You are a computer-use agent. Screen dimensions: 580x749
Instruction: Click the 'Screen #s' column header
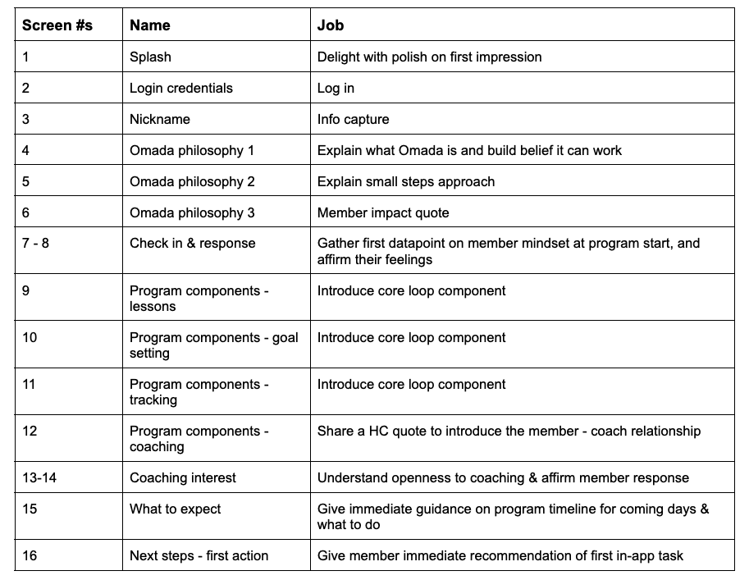pyautogui.click(x=57, y=25)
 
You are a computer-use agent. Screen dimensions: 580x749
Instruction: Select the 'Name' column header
pyautogui.click(x=150, y=25)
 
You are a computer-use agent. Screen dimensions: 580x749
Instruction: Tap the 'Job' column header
pyautogui.click(x=331, y=25)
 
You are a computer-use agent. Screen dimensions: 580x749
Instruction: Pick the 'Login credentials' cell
pyautogui.click(x=181, y=88)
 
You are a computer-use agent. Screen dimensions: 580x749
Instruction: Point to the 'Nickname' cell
pyautogui.click(x=160, y=119)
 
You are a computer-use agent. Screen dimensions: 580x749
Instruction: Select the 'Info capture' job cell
pyautogui.click(x=354, y=119)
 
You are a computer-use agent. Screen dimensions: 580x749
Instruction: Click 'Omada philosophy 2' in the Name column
pyautogui.click(x=192, y=181)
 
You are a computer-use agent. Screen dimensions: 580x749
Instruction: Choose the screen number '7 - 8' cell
pyautogui.click(x=35, y=244)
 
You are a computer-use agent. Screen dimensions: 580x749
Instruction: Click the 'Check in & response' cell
pyautogui.click(x=193, y=244)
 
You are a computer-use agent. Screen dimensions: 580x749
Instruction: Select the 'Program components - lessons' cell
pyautogui.click(x=199, y=298)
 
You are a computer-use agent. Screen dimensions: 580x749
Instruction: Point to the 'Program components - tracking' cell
pyautogui.click(x=199, y=391)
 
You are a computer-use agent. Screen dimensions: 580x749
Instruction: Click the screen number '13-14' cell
pyautogui.click(x=39, y=477)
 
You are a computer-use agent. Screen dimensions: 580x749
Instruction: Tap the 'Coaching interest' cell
pyautogui.click(x=183, y=477)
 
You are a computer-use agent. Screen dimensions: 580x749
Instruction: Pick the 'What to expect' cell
pyautogui.click(x=176, y=509)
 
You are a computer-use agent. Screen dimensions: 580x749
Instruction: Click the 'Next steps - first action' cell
pyautogui.click(x=201, y=555)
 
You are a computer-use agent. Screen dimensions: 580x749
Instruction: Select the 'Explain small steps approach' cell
pyautogui.click(x=406, y=181)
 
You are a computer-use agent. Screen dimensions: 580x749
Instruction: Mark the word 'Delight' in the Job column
pyautogui.click(x=337, y=57)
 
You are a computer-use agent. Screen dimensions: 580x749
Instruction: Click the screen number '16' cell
pyautogui.click(x=30, y=555)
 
